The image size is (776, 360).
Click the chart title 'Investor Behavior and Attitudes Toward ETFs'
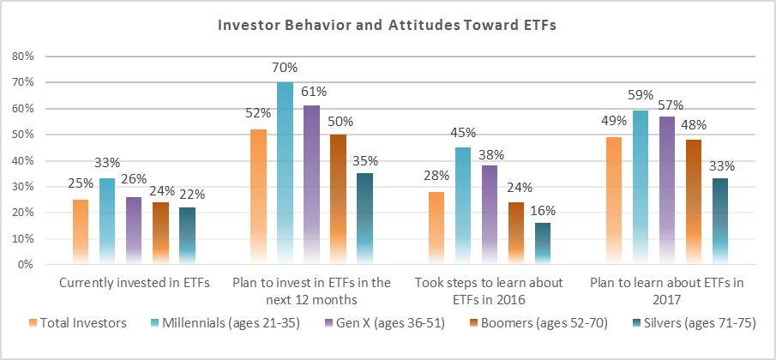(x=388, y=27)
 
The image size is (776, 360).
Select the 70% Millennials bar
(x=285, y=173)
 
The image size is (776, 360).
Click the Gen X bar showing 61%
(x=312, y=185)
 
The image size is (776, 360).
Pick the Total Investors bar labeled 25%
(x=81, y=232)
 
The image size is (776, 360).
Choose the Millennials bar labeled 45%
(x=463, y=206)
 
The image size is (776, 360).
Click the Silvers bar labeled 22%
(x=188, y=236)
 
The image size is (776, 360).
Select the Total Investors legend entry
(x=78, y=323)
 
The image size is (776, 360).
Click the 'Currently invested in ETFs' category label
(x=135, y=284)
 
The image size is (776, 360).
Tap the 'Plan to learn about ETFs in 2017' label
(x=666, y=291)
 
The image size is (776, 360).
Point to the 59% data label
(x=641, y=95)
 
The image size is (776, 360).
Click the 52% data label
(x=259, y=113)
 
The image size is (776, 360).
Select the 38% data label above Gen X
(x=491, y=155)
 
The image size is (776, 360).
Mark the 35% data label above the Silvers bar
(x=366, y=161)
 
